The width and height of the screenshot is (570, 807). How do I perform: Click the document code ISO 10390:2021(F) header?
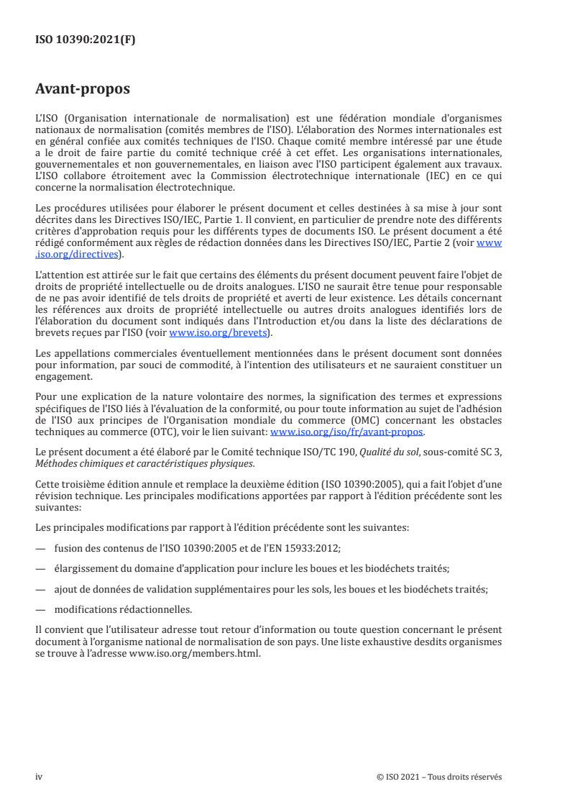coord(86,40)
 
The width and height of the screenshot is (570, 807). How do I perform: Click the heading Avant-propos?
coord(83,90)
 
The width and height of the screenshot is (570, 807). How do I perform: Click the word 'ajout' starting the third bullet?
coord(65,588)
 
